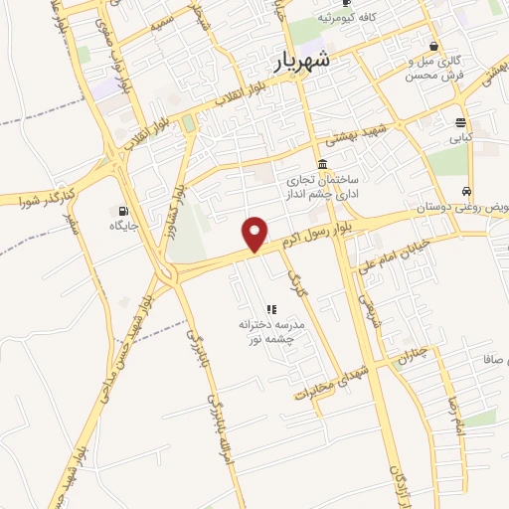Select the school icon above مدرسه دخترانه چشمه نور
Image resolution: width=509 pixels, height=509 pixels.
pos(271,309)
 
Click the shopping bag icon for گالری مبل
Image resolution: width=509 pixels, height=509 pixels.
pos(433,47)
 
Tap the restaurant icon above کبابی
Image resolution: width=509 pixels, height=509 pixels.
pos(460,123)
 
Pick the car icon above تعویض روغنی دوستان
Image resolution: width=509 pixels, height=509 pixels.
pos(466,192)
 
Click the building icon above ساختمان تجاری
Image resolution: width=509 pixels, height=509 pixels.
pos(322,165)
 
